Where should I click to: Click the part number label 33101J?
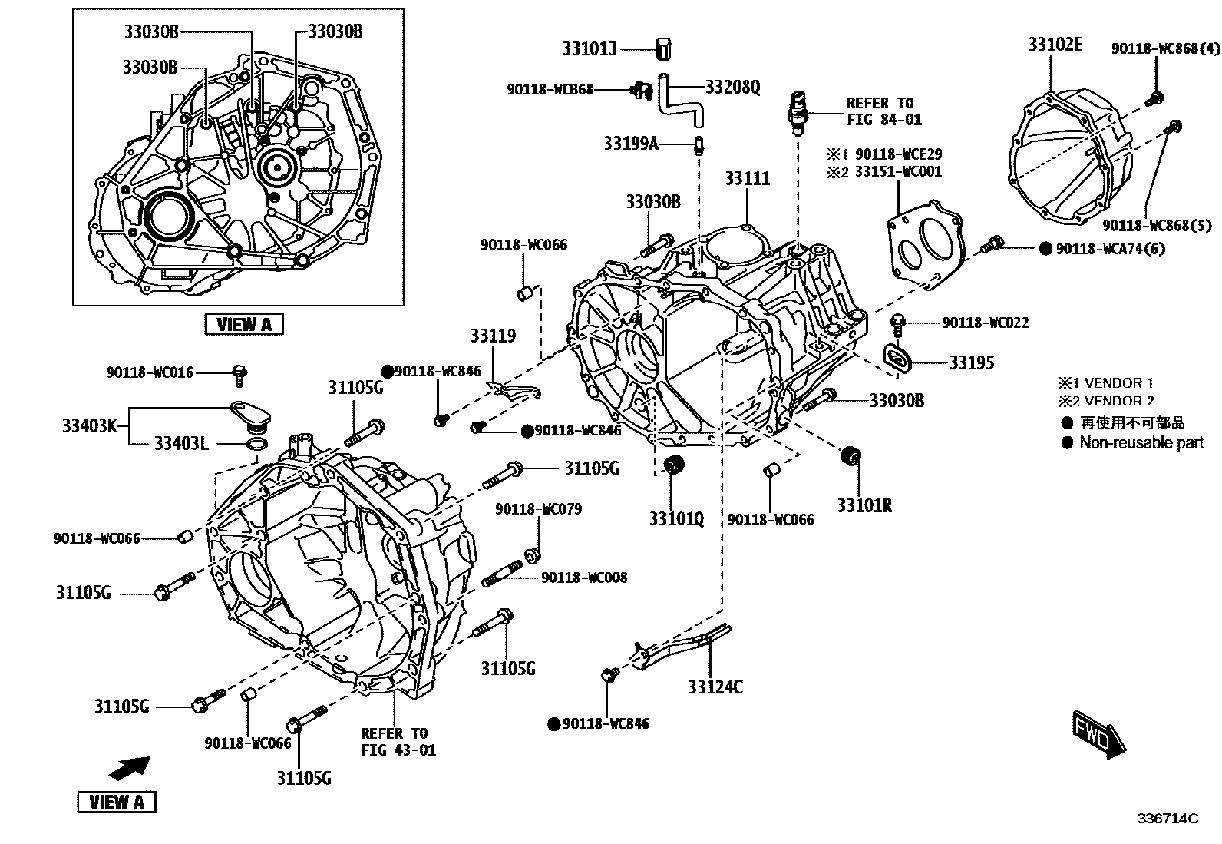590,49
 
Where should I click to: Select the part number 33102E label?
1055,45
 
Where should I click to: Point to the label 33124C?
715,687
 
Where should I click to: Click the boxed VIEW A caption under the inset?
244,324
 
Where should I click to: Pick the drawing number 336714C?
1168,819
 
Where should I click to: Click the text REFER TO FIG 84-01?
883,111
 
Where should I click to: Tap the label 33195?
971,362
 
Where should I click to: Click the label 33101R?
864,506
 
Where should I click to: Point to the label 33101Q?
675,519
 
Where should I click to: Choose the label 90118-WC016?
150,372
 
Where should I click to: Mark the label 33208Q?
732,87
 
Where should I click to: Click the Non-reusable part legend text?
1141,442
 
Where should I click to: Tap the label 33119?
493,336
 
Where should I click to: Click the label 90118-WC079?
538,509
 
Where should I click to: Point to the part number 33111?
747,179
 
